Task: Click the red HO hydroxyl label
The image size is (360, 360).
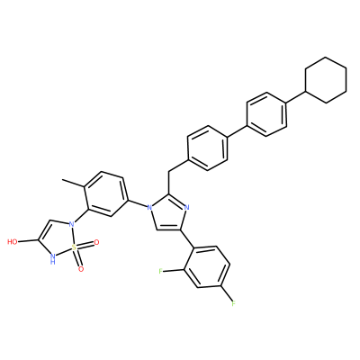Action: click(13, 242)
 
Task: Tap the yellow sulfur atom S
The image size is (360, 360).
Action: click(74, 247)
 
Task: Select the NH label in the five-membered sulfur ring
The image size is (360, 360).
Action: click(53, 258)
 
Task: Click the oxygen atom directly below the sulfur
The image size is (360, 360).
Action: click(81, 269)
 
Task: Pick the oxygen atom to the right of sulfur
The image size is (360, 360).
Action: click(96, 242)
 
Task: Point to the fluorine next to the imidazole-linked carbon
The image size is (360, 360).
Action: click(161, 272)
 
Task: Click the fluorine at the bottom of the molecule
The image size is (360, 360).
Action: click(233, 304)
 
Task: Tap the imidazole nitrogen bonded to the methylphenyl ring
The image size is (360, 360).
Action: click(148, 207)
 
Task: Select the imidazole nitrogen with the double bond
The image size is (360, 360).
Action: click(186, 207)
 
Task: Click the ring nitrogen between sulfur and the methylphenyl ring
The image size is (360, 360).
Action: click(71, 224)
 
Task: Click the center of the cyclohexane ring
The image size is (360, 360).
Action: click(326, 80)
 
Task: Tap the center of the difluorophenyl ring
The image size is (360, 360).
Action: click(207, 267)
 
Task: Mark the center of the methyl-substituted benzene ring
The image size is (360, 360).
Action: click(104, 193)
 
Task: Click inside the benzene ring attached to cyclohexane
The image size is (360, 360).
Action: click(266, 114)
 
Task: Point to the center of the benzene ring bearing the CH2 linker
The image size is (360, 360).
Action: click(207, 148)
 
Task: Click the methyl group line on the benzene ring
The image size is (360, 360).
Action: click(73, 184)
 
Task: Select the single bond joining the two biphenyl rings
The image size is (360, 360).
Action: click(237, 131)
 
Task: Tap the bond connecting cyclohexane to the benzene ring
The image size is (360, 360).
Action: click(296, 96)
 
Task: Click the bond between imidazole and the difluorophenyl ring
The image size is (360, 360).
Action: click(186, 239)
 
